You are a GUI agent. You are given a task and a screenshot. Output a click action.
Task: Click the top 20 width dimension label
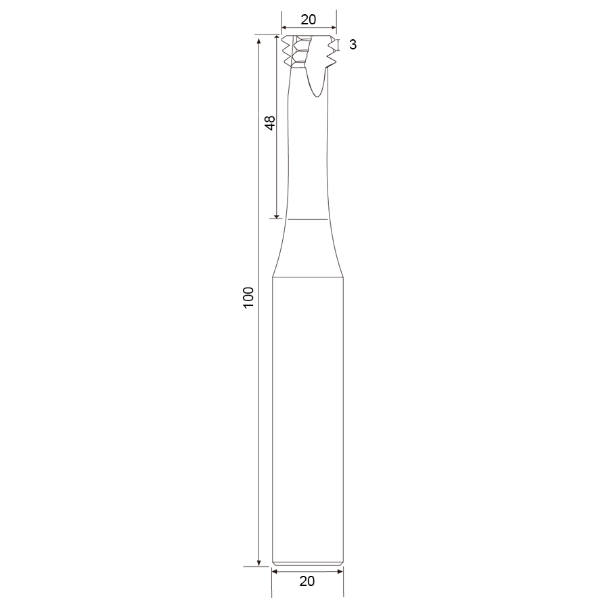[309, 20]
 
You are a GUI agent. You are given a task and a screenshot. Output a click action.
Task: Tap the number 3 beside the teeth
[353, 45]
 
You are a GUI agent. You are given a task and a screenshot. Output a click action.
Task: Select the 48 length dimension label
[269, 122]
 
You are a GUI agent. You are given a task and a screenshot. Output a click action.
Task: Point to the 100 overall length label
[248, 298]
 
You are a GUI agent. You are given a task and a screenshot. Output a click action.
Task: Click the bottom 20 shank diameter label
[307, 581]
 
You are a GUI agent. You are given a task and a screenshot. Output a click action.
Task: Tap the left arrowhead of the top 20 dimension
[284, 28]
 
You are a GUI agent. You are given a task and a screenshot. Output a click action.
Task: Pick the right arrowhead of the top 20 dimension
[334, 28]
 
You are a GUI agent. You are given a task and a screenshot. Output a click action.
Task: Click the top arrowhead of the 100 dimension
[258, 39]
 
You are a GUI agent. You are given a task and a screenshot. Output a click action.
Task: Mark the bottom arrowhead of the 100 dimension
[258, 563]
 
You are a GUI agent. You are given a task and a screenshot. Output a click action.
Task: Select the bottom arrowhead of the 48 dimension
[277, 215]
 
